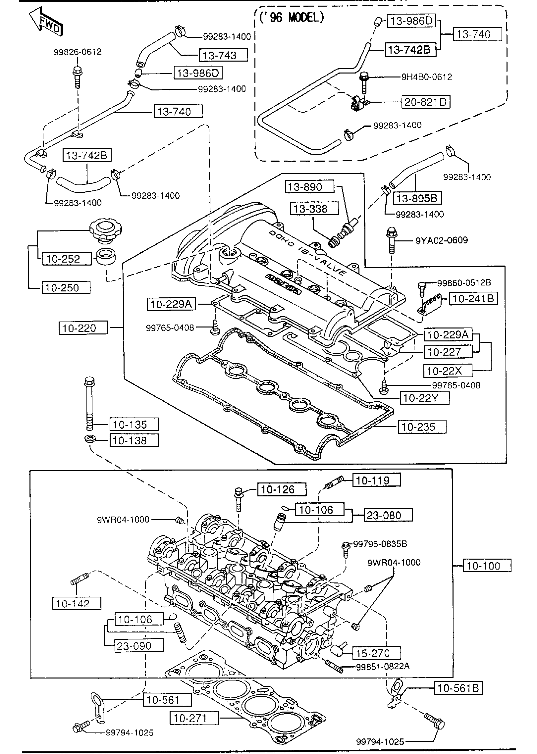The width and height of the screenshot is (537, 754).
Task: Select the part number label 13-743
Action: (x=223, y=55)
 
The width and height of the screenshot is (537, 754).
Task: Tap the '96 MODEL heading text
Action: (x=291, y=18)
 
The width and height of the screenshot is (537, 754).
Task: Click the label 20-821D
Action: (x=426, y=102)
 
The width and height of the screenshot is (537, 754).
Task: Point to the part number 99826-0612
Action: (x=78, y=52)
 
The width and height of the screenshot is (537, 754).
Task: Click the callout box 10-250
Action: (x=66, y=287)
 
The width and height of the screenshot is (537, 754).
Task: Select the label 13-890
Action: (x=309, y=187)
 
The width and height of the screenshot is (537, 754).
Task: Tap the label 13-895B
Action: (x=417, y=198)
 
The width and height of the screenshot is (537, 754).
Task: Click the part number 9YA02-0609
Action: (x=442, y=240)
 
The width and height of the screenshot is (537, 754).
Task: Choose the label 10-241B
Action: (x=473, y=298)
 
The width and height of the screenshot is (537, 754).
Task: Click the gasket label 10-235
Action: (x=422, y=427)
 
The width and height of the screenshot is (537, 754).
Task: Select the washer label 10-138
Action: (x=134, y=440)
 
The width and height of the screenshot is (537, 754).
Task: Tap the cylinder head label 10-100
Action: (x=487, y=566)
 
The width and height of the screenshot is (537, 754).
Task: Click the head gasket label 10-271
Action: (x=194, y=718)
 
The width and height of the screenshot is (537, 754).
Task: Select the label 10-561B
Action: (x=458, y=688)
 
